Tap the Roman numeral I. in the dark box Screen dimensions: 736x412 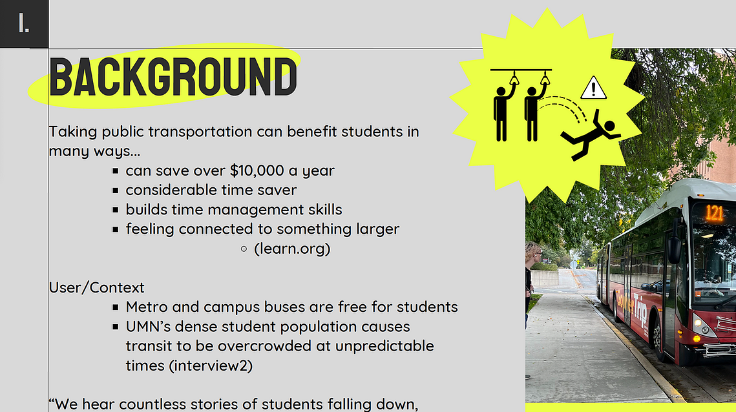(23, 23)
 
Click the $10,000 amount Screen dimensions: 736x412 (257, 170)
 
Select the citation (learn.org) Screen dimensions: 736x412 (292, 248)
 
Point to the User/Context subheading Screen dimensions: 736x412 (97, 287)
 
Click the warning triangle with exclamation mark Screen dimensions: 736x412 (593, 88)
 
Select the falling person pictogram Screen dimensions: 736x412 (591, 134)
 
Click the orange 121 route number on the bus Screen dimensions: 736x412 (713, 213)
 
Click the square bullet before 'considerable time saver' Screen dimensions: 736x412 (116, 191)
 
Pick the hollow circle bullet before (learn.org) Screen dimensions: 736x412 (244, 249)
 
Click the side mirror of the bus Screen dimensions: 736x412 (675, 248)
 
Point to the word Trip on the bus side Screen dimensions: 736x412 (641, 310)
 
